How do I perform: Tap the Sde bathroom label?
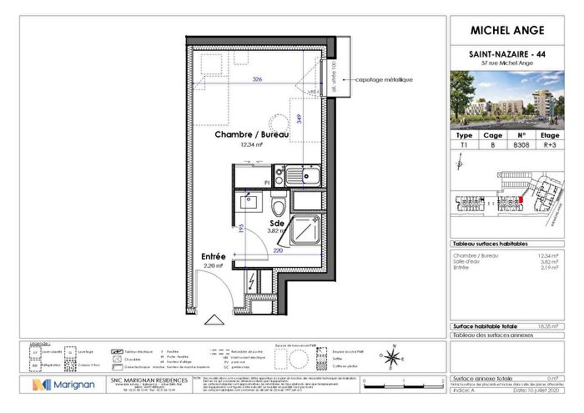tap(275, 224)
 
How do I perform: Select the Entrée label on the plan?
tap(214, 258)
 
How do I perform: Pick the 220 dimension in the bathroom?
tap(276, 249)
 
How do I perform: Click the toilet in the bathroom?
tap(279, 204)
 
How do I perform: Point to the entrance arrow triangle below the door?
tap(214, 319)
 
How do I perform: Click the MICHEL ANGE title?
tap(508, 31)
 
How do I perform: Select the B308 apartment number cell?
tap(521, 144)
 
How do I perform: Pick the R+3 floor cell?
tap(551, 144)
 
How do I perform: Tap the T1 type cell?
tap(465, 144)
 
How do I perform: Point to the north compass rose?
tap(390, 356)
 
